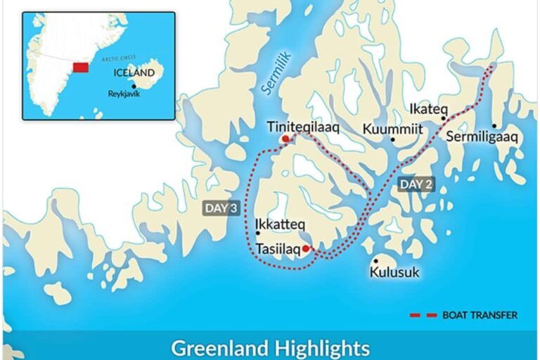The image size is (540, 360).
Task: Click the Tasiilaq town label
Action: [278, 249]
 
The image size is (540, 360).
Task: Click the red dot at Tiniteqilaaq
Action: [285, 139]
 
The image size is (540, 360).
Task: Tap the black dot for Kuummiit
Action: [392, 139]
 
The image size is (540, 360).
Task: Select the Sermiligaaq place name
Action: [482, 136]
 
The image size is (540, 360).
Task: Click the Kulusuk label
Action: [394, 271]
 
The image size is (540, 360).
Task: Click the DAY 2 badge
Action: [416, 184]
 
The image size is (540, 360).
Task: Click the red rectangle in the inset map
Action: [80, 67]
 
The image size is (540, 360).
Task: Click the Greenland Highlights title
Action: [270, 347]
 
